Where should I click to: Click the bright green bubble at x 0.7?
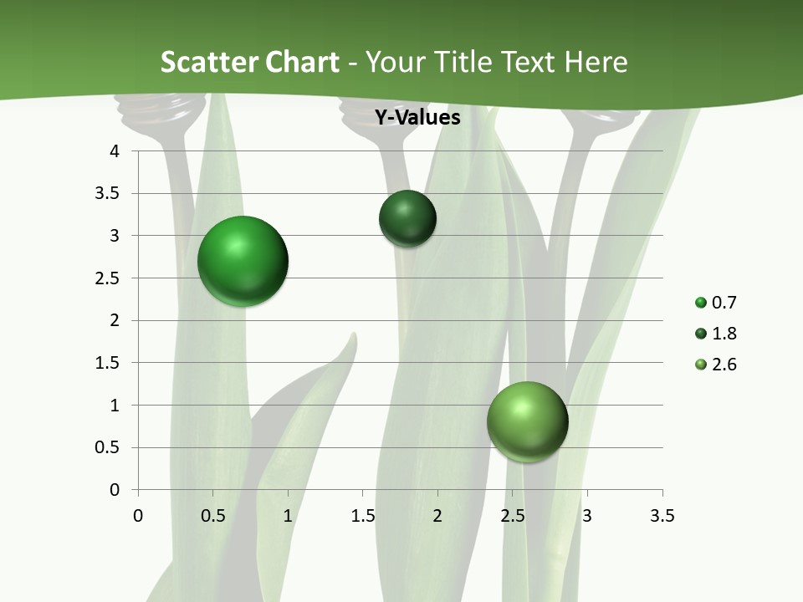243,261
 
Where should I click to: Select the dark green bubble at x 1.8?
407,218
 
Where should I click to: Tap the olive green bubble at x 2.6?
527,421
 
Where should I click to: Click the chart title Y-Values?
417,118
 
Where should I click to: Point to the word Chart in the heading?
302,62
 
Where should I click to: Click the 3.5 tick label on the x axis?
662,516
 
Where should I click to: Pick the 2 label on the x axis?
437,516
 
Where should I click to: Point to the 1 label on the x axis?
288,516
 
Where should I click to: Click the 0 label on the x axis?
138,516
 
